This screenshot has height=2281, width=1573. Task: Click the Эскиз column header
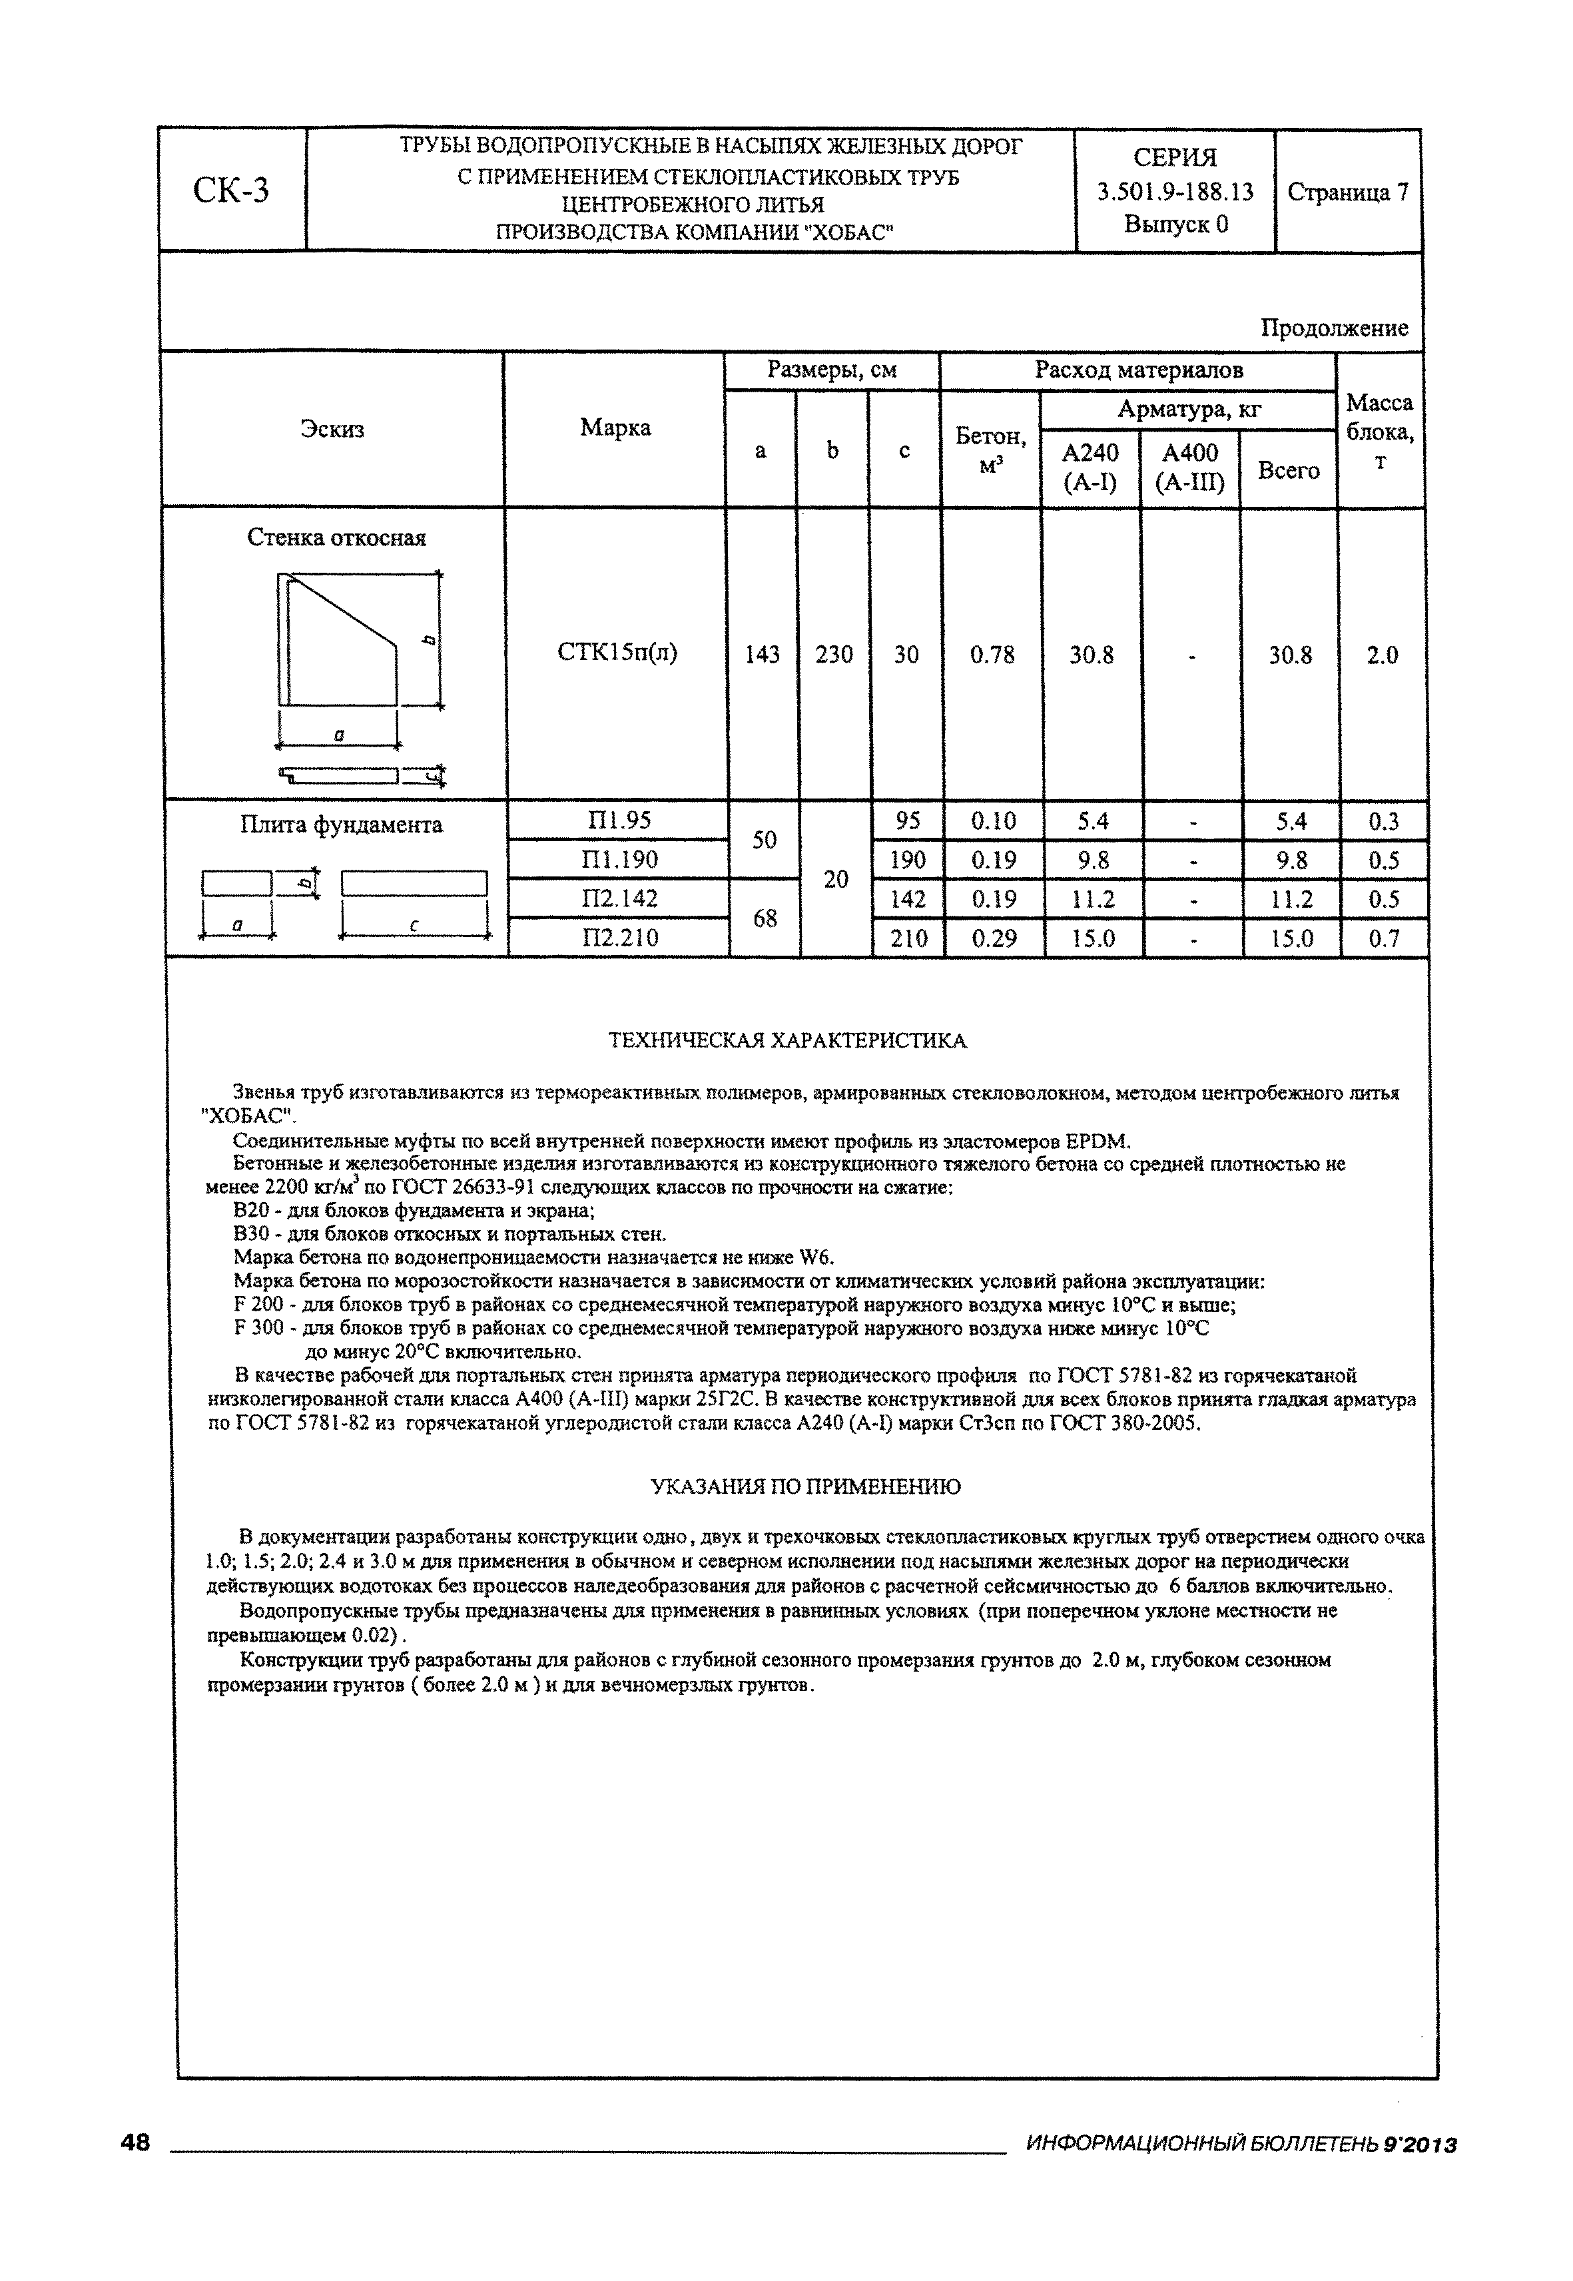coord(332,429)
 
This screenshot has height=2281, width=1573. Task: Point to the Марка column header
coord(615,428)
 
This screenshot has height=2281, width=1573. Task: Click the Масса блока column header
coord(1380,431)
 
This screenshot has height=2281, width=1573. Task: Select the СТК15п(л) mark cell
coord(617,653)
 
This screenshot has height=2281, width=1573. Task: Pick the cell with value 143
coord(762,655)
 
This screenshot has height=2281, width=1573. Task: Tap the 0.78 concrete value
coord(992,655)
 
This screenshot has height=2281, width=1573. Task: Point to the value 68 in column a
coord(765,918)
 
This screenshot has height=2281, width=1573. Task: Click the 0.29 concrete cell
coord(994,938)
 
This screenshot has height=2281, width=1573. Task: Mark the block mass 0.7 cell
coord(1384,938)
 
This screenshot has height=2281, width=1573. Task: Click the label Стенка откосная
coord(336,538)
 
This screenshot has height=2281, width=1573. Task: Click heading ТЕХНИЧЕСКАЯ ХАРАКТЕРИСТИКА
coord(786,1041)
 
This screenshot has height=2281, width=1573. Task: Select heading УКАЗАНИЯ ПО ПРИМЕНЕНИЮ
coord(805,1486)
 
